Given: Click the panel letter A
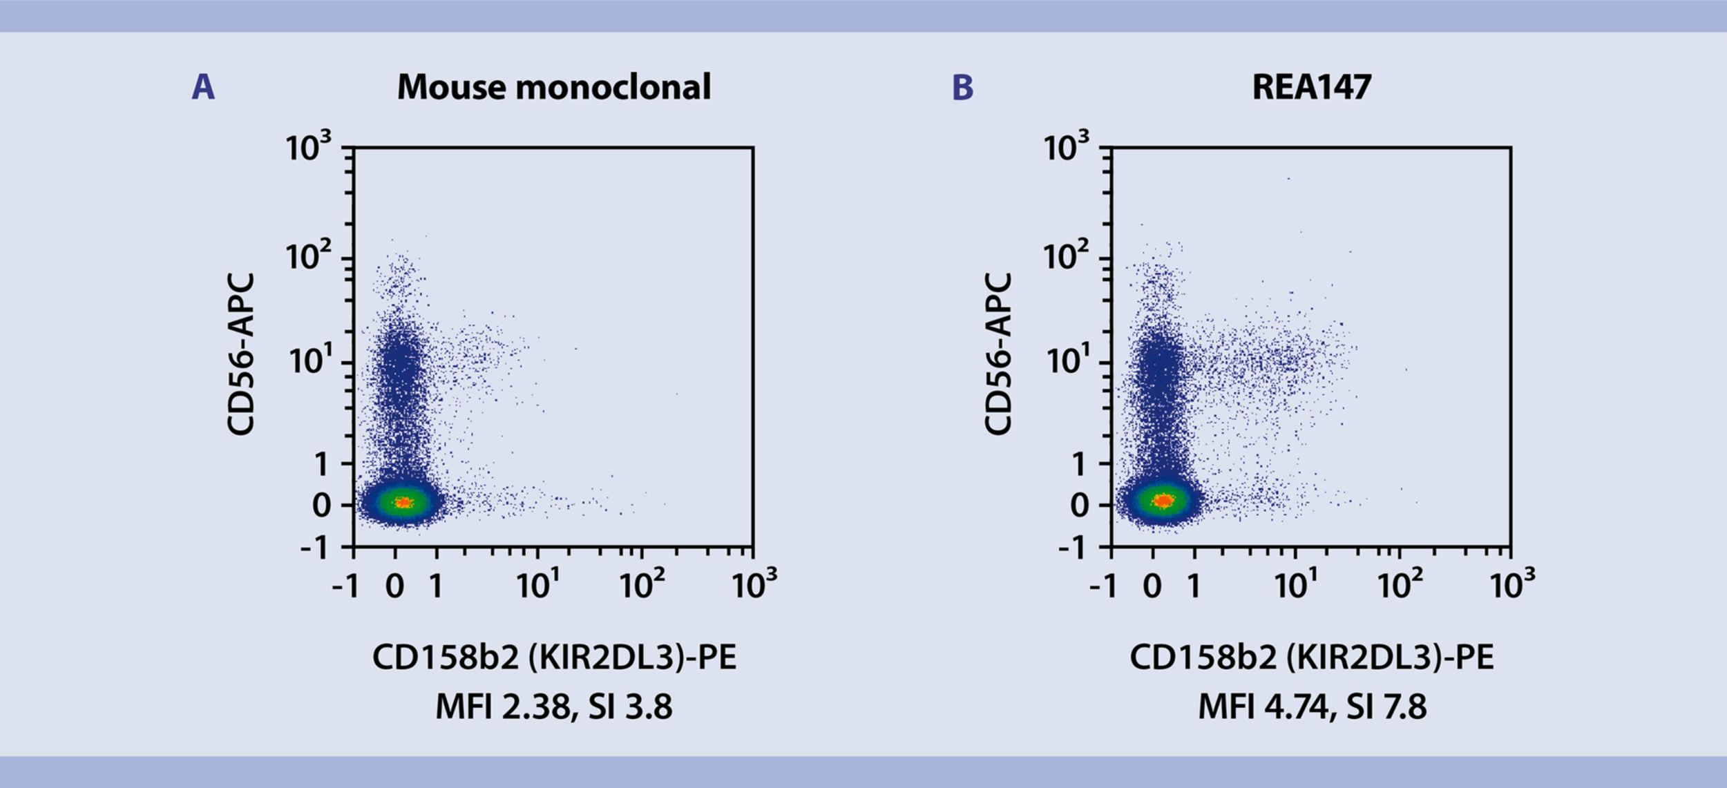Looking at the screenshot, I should (x=203, y=88).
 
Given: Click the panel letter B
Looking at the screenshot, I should (x=962, y=88).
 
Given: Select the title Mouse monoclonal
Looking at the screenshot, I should (x=553, y=88).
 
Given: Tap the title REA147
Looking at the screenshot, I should (x=1311, y=88).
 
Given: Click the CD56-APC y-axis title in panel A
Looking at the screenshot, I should (x=241, y=354).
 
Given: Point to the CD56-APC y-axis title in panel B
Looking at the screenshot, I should (x=998, y=354).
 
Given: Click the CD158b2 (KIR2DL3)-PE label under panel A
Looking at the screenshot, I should (x=554, y=657).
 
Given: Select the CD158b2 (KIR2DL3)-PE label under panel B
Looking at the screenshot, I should (x=1312, y=657).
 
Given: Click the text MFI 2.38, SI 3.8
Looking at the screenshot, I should (x=554, y=707).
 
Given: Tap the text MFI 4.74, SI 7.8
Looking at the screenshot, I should (x=1312, y=707).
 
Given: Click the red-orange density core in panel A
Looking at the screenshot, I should (x=403, y=503).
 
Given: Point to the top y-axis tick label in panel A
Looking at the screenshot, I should (x=308, y=147).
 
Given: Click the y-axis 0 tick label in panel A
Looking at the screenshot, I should (x=322, y=506).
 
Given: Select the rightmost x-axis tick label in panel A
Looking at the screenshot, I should (x=754, y=585).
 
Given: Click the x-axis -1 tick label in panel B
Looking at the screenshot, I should (x=1103, y=586).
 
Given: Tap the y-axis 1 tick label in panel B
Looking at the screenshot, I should (x=1080, y=465).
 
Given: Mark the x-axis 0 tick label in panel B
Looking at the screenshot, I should (x=1152, y=586).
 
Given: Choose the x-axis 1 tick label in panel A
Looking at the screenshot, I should (x=436, y=586).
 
